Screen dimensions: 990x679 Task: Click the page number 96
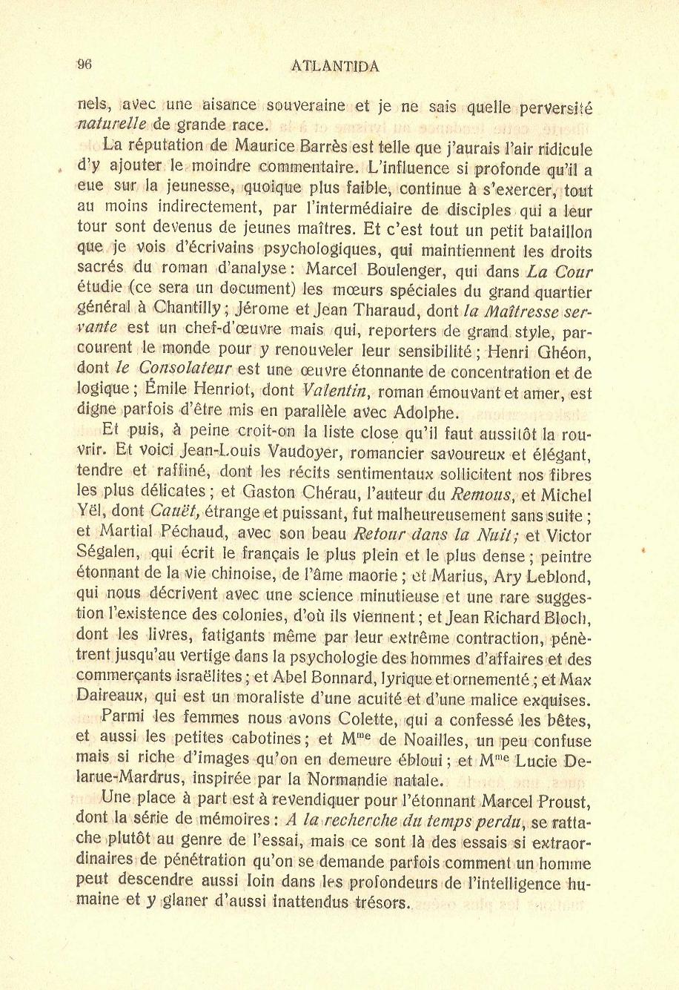point(84,65)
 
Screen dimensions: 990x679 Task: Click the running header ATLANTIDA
point(336,66)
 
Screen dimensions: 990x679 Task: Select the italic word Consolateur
point(186,368)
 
